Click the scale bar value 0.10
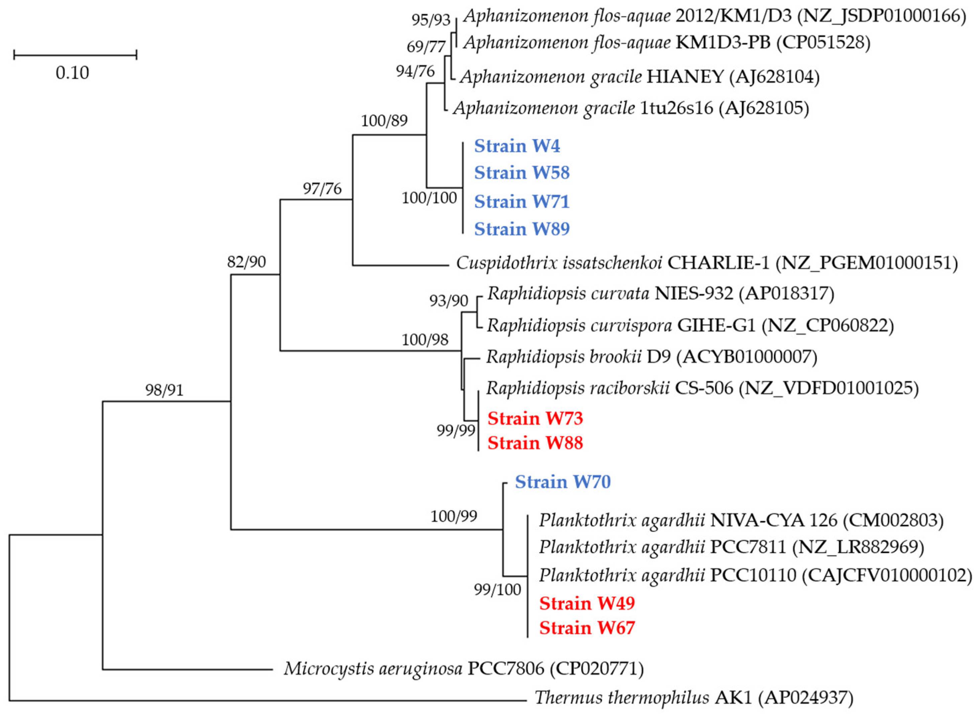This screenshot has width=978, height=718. coord(72,73)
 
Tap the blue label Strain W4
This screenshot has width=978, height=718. coord(517,146)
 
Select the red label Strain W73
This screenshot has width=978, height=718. coord(535,419)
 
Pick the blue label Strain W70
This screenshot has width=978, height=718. coord(563,482)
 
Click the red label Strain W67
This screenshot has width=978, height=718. coord(587,628)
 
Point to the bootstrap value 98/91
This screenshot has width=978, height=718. coord(164,390)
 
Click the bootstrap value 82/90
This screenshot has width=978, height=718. coord(247,262)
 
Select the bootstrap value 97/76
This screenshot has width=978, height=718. coord(322,189)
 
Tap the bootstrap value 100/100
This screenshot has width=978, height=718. coord(429,198)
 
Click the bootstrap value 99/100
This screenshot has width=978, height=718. coord(497,590)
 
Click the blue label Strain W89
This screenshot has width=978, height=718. coord(521,229)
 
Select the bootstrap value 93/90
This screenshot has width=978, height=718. coord(449,301)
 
